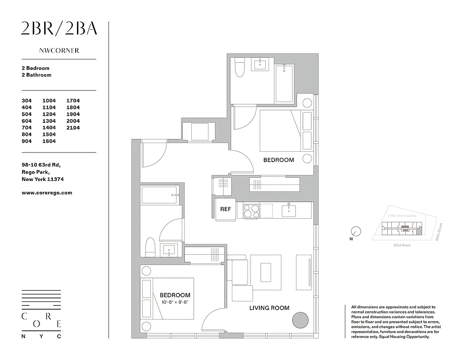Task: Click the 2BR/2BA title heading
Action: (x=59, y=29)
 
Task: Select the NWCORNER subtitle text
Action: (x=59, y=51)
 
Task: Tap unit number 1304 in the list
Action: (x=49, y=121)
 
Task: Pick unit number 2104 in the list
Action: (x=73, y=128)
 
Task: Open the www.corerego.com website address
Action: (x=47, y=193)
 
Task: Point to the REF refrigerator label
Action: (x=225, y=209)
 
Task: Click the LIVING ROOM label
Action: (x=269, y=308)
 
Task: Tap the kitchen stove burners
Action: (x=251, y=211)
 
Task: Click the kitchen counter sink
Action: (x=287, y=210)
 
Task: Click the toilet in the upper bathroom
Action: (x=240, y=68)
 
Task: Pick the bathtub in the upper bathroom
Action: (x=284, y=83)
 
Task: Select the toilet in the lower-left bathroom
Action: (x=150, y=247)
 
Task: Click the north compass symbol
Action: (x=356, y=232)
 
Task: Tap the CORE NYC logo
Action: (x=41, y=314)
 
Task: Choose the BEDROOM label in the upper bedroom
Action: (x=278, y=160)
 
